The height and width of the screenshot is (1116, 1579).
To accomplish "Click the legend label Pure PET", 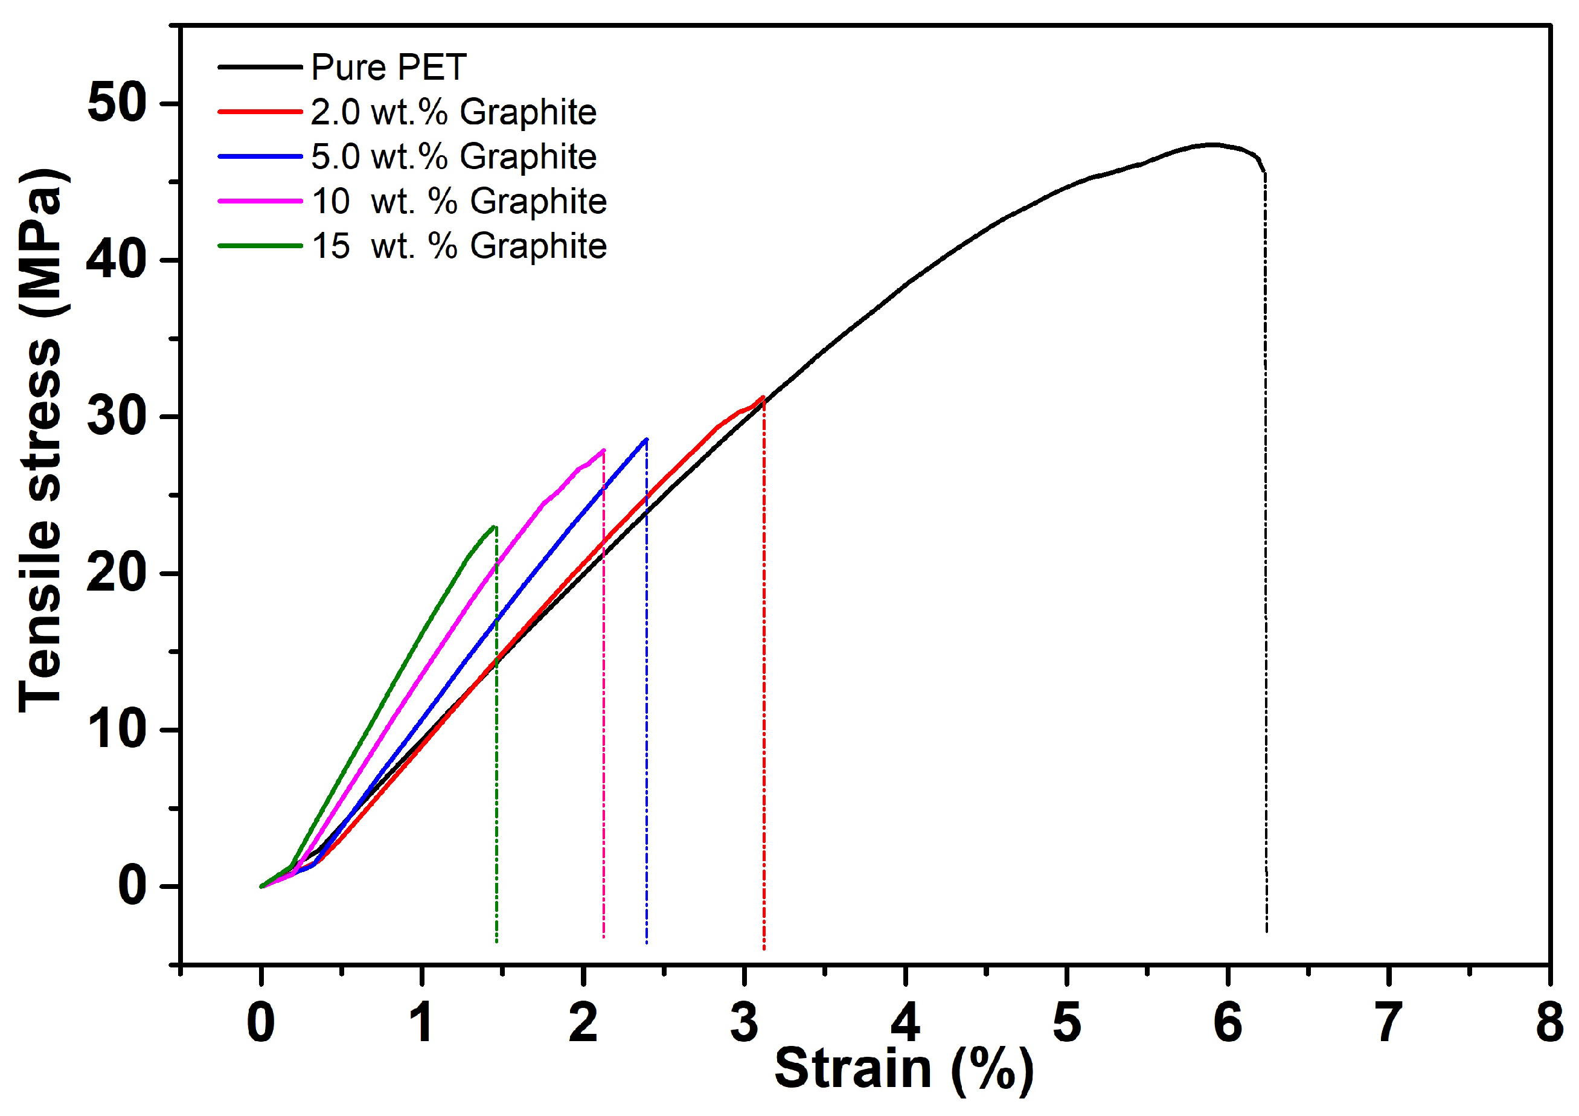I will [388, 68].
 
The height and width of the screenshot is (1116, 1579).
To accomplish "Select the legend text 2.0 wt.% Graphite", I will [453, 112].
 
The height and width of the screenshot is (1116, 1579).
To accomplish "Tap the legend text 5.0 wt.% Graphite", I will [453, 157].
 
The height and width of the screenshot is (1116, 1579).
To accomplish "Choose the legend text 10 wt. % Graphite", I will [459, 202].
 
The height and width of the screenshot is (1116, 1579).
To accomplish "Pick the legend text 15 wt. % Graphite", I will [459, 246].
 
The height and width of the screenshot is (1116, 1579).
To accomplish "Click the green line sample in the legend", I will [260, 245].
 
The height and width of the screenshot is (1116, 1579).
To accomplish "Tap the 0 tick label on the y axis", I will [132, 886].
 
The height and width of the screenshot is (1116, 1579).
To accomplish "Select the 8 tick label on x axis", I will [1549, 1022].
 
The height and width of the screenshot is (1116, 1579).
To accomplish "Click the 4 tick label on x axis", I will [905, 1022].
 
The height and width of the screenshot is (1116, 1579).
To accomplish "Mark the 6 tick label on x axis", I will [1228, 1022].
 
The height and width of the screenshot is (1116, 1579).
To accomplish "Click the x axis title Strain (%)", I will [904, 1069].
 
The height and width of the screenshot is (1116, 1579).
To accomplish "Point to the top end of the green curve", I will [495, 527].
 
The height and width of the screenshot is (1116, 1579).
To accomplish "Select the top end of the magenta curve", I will [603, 451].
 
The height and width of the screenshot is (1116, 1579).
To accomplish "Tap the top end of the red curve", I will [763, 397].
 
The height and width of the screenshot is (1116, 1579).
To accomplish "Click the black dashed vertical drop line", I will [1266, 550].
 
